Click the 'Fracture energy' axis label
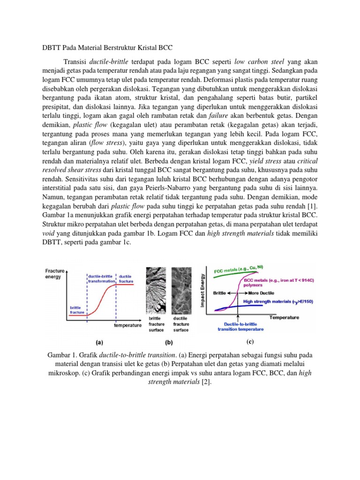[x=55, y=274]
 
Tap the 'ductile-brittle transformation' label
[x=101, y=279]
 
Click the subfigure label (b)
[x=167, y=343]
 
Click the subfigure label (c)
[x=250, y=341]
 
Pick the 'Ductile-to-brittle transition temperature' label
[x=240, y=326]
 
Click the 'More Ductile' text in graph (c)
[x=256, y=292]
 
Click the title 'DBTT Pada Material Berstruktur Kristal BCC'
[x=106, y=47]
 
